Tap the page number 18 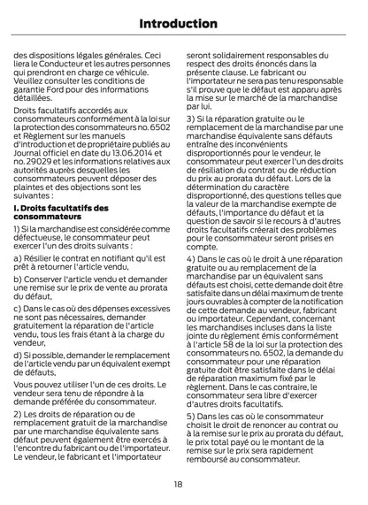183,485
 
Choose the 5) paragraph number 193,440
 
